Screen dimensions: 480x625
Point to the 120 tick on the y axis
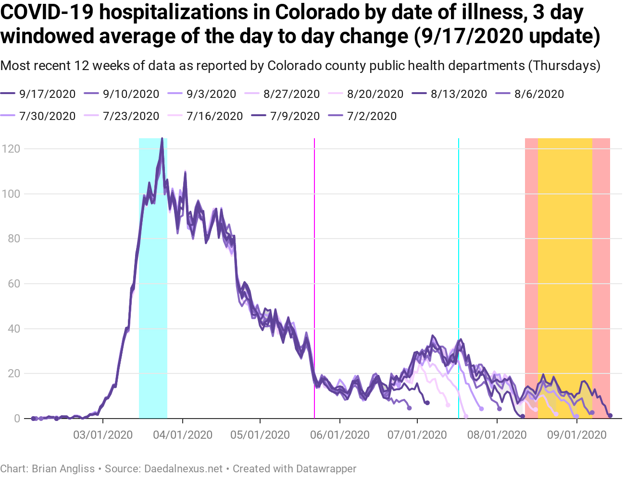pos(11,149)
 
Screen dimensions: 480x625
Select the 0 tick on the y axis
pos(17,419)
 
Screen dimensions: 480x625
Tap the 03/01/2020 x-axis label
pos(103,435)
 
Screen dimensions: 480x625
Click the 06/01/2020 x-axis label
pos(339,435)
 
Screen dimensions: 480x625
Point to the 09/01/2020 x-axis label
pos(576,435)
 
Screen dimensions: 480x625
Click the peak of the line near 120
pos(162,139)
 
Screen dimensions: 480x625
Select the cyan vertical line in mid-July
pos(459,240)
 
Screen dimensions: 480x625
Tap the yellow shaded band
pos(565,240)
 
